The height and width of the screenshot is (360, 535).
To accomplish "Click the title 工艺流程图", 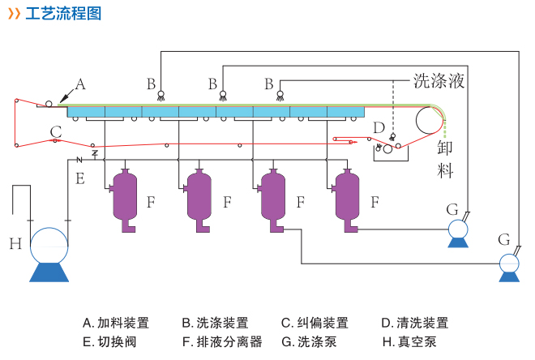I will point(63,14).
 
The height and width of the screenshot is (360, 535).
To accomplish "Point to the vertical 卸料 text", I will point(446,159).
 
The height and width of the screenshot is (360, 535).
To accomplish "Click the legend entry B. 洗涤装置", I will point(215,323).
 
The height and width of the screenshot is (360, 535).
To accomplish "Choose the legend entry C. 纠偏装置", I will point(315,323).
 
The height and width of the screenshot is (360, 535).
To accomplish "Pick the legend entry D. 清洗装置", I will point(414,323).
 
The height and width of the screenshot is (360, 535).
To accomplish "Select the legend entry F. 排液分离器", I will point(221,342).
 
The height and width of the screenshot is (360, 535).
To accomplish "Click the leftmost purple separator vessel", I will point(125,199).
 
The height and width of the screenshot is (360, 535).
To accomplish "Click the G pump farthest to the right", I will point(509,265).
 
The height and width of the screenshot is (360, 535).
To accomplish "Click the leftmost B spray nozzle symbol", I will point(160,94).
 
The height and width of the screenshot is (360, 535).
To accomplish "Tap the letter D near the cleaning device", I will point(379,127).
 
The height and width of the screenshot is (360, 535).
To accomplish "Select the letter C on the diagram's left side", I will point(55,131).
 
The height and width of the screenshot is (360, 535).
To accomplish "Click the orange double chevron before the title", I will point(13,14).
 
